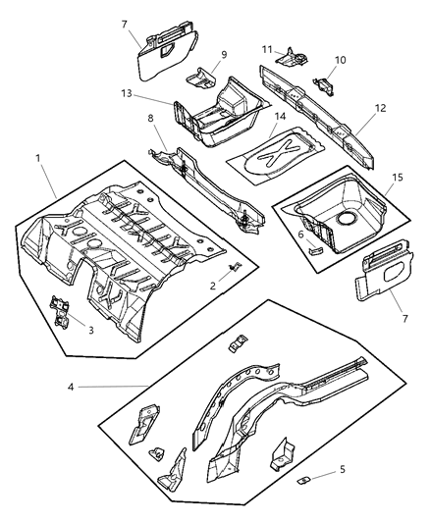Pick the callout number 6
[300, 235]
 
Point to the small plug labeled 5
[305, 478]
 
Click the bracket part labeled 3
[61, 309]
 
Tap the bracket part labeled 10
[320, 83]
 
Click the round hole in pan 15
[346, 213]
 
